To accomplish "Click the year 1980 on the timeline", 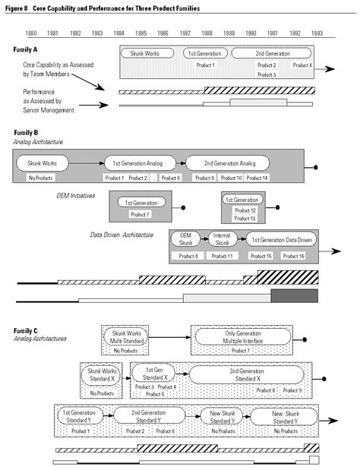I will point(32,34).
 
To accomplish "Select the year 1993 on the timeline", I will point(317,34).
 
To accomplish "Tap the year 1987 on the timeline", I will point(185,34).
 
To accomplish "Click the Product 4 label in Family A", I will point(302,65).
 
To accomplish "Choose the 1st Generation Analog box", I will point(138,162).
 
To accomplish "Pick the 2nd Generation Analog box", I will point(226,162).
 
